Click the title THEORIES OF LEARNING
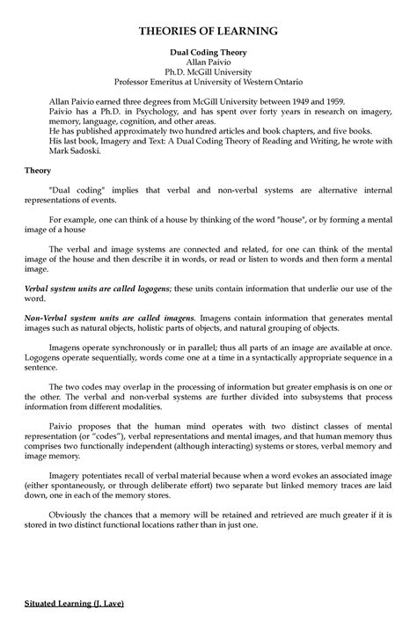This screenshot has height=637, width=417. click(208, 31)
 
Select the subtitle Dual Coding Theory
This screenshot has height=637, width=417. click(208, 54)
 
